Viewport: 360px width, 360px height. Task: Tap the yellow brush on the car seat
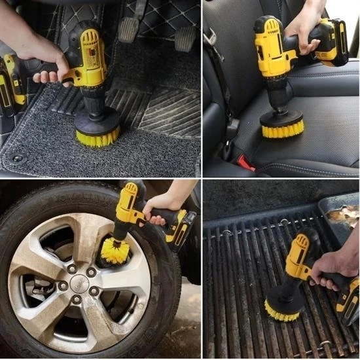click(x=282, y=129)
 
